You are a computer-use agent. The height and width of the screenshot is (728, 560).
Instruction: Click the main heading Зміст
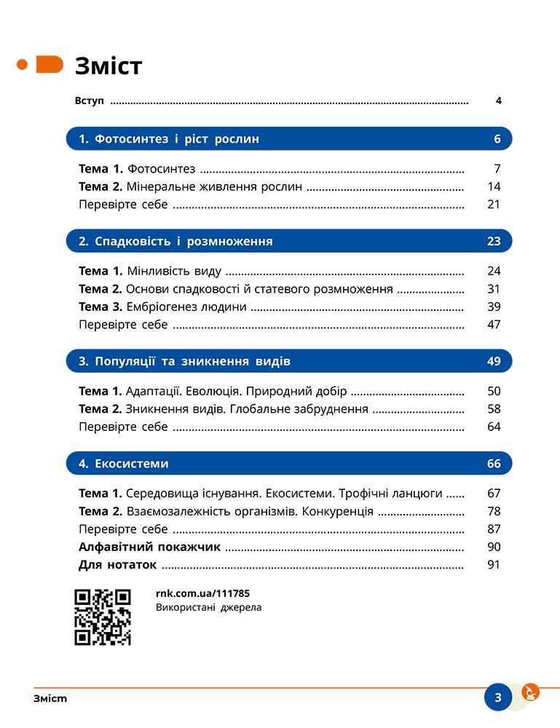[x=109, y=66]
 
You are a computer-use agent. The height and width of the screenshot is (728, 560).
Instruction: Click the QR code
[x=103, y=617]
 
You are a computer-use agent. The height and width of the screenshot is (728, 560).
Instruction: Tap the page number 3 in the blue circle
[x=498, y=697]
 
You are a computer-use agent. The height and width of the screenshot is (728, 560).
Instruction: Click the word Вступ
[x=90, y=101]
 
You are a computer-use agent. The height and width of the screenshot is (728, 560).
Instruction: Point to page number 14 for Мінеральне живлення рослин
[x=494, y=187]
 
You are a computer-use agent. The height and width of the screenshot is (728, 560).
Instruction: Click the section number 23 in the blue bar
[x=494, y=241]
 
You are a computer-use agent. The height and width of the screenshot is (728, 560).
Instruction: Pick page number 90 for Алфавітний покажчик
[x=494, y=547]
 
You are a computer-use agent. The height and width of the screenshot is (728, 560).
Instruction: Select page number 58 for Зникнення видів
[x=494, y=409]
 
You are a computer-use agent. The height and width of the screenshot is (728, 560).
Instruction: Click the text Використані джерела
[x=208, y=607]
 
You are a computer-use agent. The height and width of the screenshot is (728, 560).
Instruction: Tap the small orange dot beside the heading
[x=22, y=65]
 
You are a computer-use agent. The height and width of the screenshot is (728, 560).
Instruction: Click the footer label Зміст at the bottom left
[x=50, y=699]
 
